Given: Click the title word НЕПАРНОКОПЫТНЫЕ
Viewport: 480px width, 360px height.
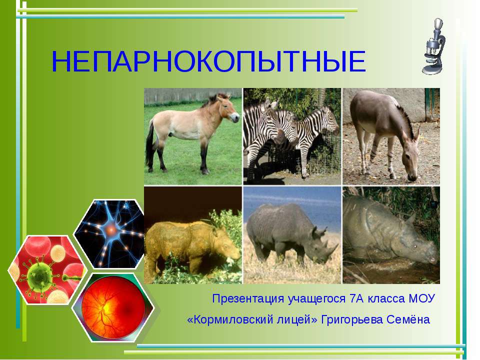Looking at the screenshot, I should point(208,62).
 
